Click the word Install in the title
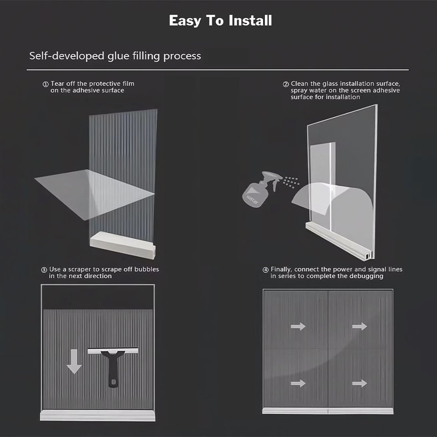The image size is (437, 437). [x=250, y=20]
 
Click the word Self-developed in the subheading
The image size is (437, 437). [x=66, y=56]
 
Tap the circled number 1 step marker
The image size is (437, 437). [x=46, y=84]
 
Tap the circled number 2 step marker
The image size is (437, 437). [x=286, y=84]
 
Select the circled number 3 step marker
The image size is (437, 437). [x=44, y=270]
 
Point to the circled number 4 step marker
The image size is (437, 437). [x=265, y=270]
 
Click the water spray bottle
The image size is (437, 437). [x=260, y=189]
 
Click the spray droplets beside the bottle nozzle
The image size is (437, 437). [x=291, y=182]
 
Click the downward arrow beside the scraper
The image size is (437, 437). [x=74, y=361]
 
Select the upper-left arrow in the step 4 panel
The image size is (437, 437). [x=298, y=326]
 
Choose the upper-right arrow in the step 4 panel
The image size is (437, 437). [x=360, y=326]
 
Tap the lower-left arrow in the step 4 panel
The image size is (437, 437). [x=298, y=383]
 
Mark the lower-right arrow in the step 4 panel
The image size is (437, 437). [x=360, y=383]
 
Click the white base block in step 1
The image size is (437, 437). [x=122, y=246]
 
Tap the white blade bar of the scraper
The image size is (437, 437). [x=113, y=351]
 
